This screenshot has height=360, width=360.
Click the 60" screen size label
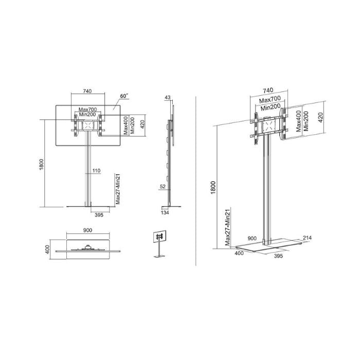[x=123, y=96]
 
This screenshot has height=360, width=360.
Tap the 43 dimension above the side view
[x=167, y=97]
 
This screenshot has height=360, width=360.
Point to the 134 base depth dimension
[x=165, y=212]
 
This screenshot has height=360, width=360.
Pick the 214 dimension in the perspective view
[x=307, y=238]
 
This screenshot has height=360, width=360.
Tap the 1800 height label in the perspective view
[x=213, y=189]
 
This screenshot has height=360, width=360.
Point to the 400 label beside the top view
[x=47, y=249]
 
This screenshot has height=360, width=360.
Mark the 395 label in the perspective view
[x=278, y=256]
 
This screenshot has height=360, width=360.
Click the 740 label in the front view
[x=87, y=91]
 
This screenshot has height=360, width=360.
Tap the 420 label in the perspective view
[x=320, y=118]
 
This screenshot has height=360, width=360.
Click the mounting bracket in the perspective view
[x=267, y=127]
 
